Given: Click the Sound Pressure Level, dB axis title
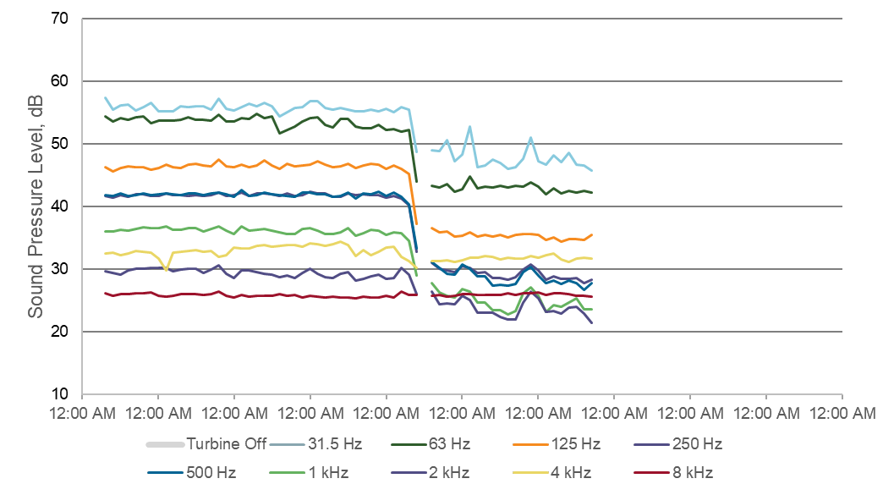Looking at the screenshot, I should click(36, 206).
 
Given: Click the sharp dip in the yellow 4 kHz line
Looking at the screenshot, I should click(166, 270).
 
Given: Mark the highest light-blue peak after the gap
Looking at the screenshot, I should click(469, 127).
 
